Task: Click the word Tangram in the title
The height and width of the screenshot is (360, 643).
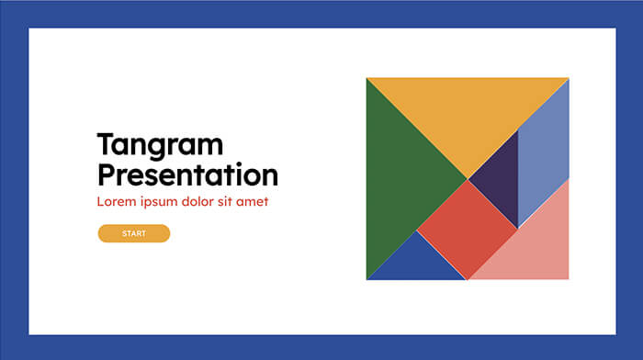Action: click(x=160, y=145)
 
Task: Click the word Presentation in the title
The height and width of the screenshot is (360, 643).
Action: click(x=187, y=174)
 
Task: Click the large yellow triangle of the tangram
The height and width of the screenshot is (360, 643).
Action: click(x=468, y=110)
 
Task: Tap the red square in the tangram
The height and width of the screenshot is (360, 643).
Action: click(x=468, y=229)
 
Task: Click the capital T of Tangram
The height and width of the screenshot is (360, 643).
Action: click(x=106, y=144)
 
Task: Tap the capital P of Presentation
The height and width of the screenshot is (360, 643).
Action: click(x=107, y=174)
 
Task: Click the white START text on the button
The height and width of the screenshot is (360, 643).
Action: click(x=134, y=234)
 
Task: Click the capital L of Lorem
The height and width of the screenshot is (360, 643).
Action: click(x=100, y=201)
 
